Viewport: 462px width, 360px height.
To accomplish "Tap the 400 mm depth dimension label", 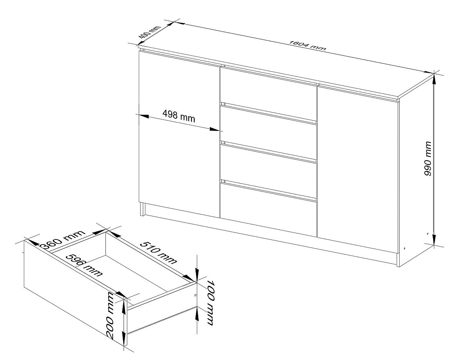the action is (149, 35).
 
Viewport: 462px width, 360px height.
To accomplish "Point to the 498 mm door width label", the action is (179, 116).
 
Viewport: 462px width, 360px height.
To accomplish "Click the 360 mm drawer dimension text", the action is (62, 239).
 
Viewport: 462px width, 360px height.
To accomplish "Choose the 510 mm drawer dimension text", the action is (158, 253).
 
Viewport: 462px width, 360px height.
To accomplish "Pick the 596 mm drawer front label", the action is (84, 265).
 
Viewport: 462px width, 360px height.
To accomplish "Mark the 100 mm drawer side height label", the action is (210, 303).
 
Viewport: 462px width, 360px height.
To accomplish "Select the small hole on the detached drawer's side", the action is (195, 295).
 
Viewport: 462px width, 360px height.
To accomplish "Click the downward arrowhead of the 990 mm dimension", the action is (434, 240).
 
